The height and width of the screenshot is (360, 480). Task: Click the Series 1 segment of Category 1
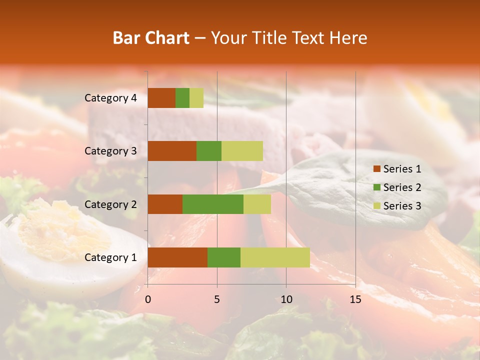[x=177, y=257]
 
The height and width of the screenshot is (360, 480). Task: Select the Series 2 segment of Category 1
[x=224, y=257]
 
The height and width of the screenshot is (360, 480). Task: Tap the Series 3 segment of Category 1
[x=275, y=257]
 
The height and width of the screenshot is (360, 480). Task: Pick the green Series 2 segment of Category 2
[x=213, y=204]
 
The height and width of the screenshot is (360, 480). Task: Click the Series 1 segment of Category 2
[x=165, y=204]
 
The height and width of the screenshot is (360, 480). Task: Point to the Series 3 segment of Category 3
[x=242, y=151]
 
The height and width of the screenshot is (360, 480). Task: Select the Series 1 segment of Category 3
[x=172, y=151]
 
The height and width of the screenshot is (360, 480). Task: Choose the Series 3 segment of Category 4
[x=196, y=98]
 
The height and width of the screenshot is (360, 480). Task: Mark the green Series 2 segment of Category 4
[x=182, y=98]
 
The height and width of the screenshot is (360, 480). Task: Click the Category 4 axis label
[x=110, y=98]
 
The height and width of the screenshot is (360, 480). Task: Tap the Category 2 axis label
[x=110, y=204]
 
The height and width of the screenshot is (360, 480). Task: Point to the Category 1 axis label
[x=110, y=257]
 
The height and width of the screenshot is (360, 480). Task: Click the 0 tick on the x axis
[x=148, y=299]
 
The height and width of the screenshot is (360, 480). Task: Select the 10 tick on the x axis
[x=286, y=299]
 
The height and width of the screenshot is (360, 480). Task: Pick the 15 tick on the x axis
[x=355, y=299]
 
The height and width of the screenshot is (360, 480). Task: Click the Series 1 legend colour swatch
[x=376, y=169]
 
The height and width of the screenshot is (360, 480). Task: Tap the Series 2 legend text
[x=402, y=187]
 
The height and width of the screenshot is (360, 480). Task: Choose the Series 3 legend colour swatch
[x=376, y=206]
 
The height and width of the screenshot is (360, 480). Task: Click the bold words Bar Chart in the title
[x=151, y=38]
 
